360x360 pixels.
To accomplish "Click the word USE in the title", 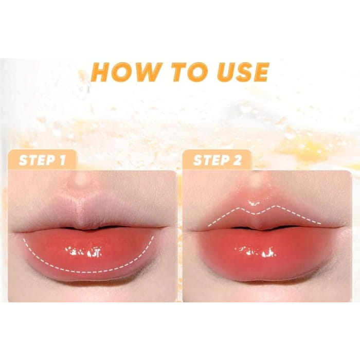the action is point(243,72).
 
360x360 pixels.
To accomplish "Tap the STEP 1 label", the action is point(42,160).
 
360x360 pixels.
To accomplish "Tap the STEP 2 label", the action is point(218,160).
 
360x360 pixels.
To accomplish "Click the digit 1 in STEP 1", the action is point(62,160).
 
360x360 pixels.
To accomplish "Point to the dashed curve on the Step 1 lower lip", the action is point(87,272).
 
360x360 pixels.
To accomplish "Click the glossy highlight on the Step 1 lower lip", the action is point(84,251).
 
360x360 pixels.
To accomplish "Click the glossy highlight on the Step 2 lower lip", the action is point(255,251).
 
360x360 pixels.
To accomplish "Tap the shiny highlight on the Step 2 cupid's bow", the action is point(254,203).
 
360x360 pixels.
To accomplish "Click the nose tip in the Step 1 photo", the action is point(81,178).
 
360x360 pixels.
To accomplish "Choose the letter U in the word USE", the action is point(227,72).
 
